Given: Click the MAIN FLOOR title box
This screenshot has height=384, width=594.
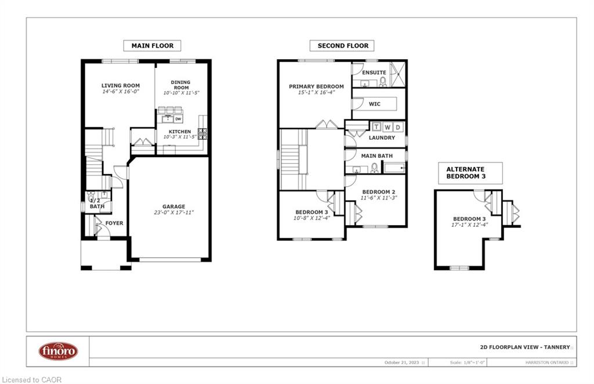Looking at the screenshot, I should click(x=152, y=46).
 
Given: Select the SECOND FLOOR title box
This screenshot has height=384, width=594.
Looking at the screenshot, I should click(x=342, y=46).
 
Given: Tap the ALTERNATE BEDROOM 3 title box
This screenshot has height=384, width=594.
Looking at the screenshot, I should click(x=470, y=173).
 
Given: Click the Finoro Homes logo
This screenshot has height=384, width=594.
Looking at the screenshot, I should click(x=58, y=351).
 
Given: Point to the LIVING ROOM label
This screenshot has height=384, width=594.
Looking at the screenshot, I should click(x=121, y=86).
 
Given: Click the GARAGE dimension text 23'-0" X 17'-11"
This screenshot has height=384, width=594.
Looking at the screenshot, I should click(x=173, y=213).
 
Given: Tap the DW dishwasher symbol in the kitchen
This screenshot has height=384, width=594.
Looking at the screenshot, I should click(x=178, y=119).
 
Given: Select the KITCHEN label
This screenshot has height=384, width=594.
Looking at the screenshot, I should click(x=179, y=132).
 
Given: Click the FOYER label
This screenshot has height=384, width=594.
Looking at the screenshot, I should click(x=114, y=223).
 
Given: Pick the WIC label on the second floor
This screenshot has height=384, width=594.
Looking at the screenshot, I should click(x=374, y=104).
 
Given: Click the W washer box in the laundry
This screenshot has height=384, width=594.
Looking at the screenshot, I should click(x=387, y=126).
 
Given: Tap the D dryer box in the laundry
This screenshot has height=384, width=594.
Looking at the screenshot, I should click(x=397, y=126).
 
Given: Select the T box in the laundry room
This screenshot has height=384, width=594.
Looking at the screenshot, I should click(x=376, y=126).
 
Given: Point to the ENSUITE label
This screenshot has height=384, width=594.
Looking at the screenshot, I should click(x=374, y=73).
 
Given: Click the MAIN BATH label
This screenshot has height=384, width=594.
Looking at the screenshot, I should click(x=376, y=156).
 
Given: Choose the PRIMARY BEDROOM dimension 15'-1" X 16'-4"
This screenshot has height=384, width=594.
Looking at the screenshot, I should click(x=316, y=93).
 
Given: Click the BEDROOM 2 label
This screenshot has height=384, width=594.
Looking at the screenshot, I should click(x=379, y=192).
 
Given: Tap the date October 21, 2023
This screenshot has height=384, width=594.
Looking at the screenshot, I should click(x=403, y=363).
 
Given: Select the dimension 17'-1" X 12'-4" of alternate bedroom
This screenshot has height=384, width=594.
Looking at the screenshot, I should click(x=470, y=225).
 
